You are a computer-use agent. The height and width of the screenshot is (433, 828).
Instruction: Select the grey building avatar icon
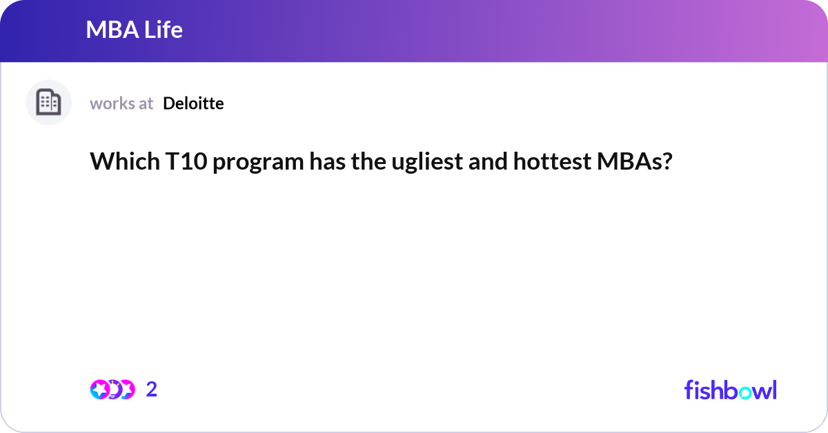click(48, 103)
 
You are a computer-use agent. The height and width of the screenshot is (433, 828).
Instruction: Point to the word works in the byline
click(112, 103)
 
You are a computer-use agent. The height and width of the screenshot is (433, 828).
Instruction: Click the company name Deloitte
click(193, 103)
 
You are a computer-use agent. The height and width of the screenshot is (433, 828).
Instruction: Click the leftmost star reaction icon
click(100, 390)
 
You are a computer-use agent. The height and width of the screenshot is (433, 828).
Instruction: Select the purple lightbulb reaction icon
click(113, 390)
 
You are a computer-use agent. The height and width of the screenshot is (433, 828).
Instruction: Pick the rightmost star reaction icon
click(126, 390)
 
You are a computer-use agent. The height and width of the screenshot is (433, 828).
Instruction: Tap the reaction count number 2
click(152, 390)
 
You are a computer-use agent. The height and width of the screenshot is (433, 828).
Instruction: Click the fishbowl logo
click(730, 390)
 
